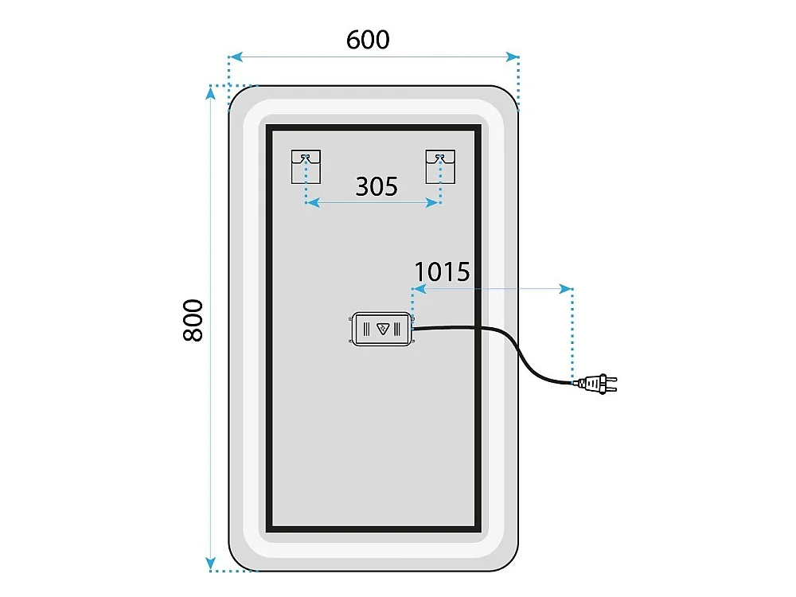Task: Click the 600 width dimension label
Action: coord(368,40)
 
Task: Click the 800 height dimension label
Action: coord(193,320)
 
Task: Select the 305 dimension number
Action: coord(377,186)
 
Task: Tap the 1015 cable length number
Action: coord(442,271)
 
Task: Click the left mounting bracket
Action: coord(306,166)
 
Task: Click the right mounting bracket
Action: coord(440,166)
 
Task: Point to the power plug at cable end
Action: coord(597,384)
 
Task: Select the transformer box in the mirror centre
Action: coord(382,329)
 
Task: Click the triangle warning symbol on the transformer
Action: coord(383,329)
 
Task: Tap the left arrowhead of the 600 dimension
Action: coord(235,57)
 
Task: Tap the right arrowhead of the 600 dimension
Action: coord(512,57)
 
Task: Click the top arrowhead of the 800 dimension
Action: coord(210,93)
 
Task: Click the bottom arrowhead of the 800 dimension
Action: coord(210,564)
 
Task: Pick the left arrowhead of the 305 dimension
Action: coord(313,202)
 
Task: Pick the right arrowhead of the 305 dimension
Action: coord(432,202)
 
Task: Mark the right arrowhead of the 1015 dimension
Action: coord(565,289)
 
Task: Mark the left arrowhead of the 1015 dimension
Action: coord(419,289)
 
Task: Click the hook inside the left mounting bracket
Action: coord(305,158)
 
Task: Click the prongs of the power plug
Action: coord(611,384)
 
